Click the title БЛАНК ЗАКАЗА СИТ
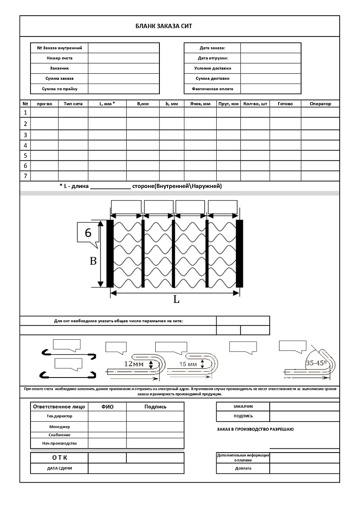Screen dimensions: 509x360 tap(164, 26)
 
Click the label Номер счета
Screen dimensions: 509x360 tap(59, 58)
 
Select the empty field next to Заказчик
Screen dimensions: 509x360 tap(123, 68)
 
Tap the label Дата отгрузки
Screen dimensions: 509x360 tap(213, 58)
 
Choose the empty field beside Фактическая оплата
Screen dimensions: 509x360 tap(271, 89)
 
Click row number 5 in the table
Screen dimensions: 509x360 tap(25, 155)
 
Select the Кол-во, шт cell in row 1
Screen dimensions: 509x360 tap(255, 112)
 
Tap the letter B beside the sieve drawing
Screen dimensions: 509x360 tap(93, 261)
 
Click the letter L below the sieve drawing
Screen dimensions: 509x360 tap(176, 299)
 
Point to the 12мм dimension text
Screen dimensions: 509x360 tap(134, 364)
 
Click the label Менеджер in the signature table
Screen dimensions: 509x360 tap(59, 427)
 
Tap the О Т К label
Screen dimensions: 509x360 tap(59, 458)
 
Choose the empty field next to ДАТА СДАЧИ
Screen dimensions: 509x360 tap(136, 468)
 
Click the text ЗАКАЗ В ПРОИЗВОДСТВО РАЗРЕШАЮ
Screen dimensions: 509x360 tap(255, 429)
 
